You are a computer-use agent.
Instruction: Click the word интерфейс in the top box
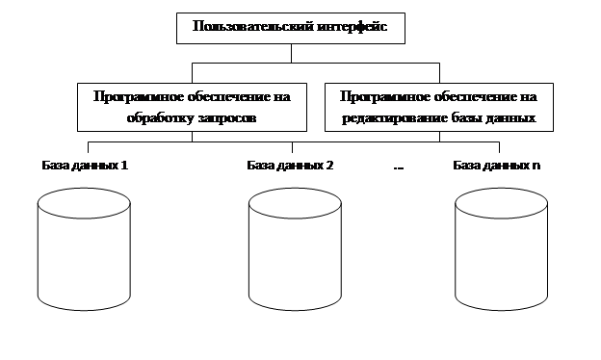[x=353, y=26]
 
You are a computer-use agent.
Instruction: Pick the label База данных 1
[x=85, y=165]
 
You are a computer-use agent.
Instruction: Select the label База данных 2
[x=290, y=165]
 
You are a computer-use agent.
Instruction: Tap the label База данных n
[x=497, y=165]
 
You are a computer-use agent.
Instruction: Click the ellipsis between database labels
[x=399, y=167]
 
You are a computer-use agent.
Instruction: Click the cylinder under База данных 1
[x=84, y=249]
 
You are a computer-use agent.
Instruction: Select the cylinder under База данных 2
[x=295, y=249]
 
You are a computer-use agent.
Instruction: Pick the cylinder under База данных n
[x=501, y=249]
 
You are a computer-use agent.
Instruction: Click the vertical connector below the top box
[x=291, y=53]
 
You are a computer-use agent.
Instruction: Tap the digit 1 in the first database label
[x=124, y=165]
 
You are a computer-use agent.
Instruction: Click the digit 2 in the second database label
[x=329, y=165]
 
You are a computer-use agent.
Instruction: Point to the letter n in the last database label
[x=536, y=167]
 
